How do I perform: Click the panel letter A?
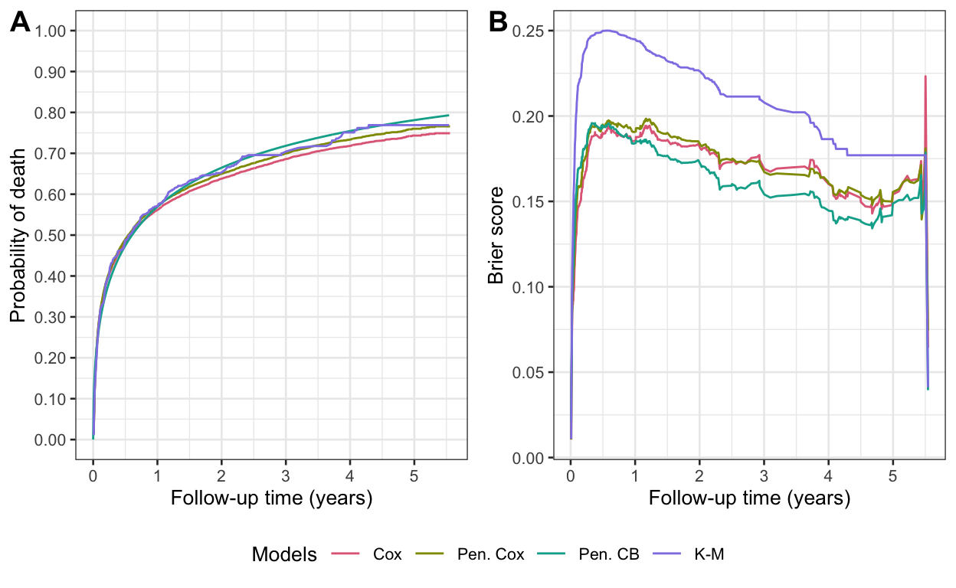point(20,24)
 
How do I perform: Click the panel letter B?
point(498,24)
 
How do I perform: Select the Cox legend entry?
point(387,554)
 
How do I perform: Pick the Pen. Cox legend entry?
point(490,554)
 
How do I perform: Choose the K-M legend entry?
point(709,554)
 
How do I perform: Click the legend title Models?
point(284,554)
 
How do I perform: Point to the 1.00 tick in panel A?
point(55,31)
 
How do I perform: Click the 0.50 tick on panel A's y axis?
point(55,235)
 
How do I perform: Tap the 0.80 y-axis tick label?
point(55,113)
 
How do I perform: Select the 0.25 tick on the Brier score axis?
point(535,31)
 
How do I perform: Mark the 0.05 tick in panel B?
point(535,373)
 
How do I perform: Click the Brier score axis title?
point(496,235)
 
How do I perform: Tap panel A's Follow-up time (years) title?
point(271,498)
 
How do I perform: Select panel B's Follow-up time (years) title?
point(749,498)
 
